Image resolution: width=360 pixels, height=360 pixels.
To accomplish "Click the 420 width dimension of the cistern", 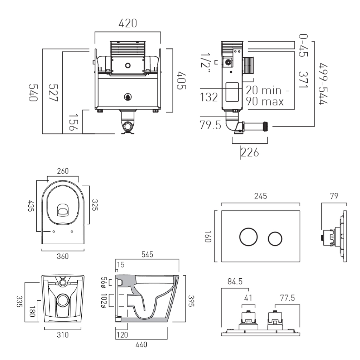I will pos(128,24).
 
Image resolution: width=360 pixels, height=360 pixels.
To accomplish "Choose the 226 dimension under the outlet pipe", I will pos(249,153).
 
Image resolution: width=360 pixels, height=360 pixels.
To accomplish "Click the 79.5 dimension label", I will pos(211,126).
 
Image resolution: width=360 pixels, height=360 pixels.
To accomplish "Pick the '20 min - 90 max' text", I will pos(265,96).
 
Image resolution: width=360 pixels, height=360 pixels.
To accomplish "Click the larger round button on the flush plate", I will pos(248,237).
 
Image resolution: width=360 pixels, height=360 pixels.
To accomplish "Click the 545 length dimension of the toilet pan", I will pos(147,255).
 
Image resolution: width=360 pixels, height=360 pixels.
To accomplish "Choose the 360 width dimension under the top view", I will pos(63,256).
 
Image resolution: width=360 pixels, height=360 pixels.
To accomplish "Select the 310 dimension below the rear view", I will pos(63,335).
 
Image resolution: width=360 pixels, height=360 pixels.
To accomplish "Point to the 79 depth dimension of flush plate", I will pos(334,196).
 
